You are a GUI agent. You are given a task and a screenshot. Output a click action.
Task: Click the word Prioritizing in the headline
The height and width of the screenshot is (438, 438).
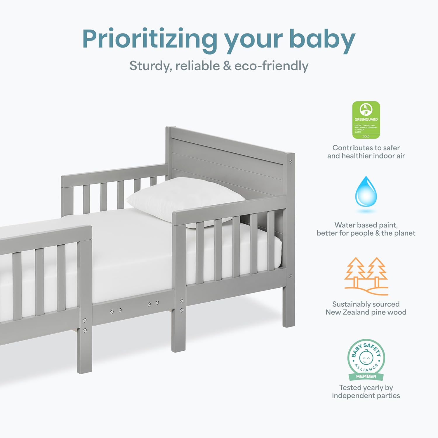point(149,39)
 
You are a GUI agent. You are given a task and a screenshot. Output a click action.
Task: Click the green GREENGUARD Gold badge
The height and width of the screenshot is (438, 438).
point(366,120)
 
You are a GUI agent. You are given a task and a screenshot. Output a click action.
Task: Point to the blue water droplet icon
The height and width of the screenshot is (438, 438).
point(366,192)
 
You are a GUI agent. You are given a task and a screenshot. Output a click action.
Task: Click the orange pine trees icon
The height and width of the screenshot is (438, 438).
point(366,276)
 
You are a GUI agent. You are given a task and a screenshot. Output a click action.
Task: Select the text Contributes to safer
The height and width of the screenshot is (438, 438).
point(366,148)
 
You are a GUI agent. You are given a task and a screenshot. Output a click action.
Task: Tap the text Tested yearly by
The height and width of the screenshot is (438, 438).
point(366,387)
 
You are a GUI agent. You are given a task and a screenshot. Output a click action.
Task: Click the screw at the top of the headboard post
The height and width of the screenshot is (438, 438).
point(290,161)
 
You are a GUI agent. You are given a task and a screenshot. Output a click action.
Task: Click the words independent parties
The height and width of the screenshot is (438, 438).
point(366,396)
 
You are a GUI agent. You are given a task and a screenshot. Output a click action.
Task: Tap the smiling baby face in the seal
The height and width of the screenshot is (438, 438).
point(366,357)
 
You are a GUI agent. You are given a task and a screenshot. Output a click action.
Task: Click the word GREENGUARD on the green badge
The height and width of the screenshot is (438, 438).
point(366,119)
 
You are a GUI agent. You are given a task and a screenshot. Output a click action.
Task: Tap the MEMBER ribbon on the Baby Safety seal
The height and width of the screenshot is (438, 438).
point(366,377)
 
